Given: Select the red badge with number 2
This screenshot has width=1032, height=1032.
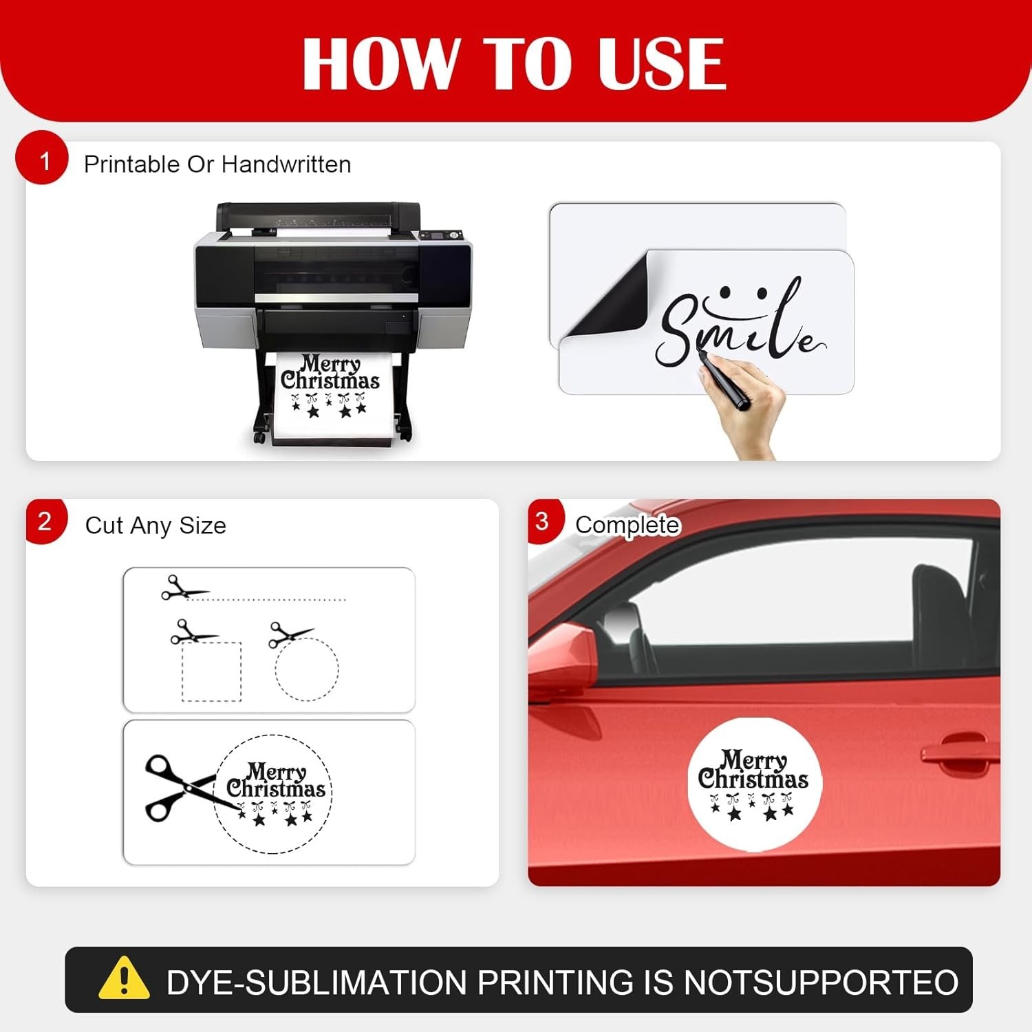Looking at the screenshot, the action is pyautogui.click(x=45, y=521).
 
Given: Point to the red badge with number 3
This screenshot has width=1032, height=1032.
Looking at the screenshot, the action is pyautogui.click(x=545, y=521).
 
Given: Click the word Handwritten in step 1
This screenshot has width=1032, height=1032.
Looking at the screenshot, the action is pyautogui.click(x=286, y=164).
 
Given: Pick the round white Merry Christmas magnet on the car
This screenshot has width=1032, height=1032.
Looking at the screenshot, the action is pyautogui.click(x=755, y=784).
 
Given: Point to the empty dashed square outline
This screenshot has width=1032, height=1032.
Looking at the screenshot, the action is pyautogui.click(x=212, y=671).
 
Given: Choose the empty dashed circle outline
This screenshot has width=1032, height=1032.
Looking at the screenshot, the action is pyautogui.click(x=307, y=669).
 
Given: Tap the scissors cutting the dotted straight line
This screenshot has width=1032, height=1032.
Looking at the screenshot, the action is pyautogui.click(x=183, y=588).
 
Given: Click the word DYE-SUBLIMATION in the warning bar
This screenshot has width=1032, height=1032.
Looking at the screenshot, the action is pyautogui.click(x=317, y=982).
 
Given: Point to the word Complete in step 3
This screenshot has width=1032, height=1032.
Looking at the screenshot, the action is pyautogui.click(x=627, y=526).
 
